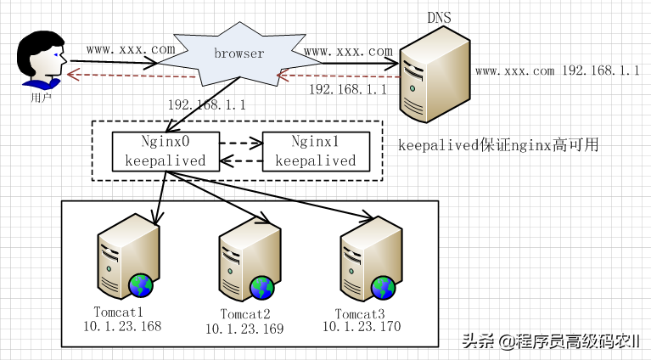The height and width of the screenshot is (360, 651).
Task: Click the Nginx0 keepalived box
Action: tap(166, 151)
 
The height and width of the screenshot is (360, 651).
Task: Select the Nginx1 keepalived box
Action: tap(316, 151)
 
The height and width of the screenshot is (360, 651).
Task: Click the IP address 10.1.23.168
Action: tap(121, 326)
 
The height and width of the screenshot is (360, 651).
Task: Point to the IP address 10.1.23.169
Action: tap(245, 329)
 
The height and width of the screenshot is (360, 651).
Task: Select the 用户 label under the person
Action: tap(41, 98)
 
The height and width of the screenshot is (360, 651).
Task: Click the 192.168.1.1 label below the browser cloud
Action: tap(207, 106)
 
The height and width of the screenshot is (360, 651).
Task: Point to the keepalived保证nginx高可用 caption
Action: tap(499, 145)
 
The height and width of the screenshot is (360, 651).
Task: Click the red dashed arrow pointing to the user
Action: tap(127, 76)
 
